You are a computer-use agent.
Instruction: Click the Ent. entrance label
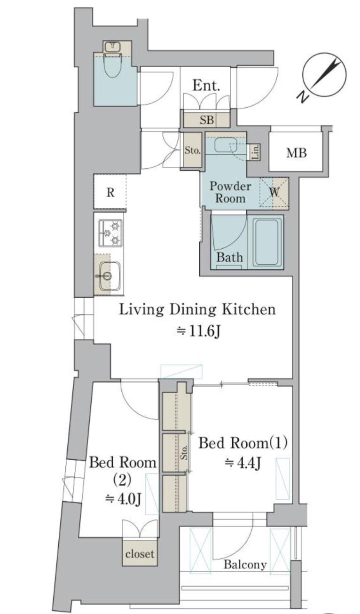(206, 85)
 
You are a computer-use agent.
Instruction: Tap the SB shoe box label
(207, 120)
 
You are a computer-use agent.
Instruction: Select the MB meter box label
(297, 153)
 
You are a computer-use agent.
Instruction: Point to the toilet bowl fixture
(113, 65)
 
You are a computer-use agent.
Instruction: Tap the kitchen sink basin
(110, 276)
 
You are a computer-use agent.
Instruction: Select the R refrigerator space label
(110, 192)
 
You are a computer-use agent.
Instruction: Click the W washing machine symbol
(274, 193)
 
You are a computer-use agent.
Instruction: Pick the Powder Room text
(230, 192)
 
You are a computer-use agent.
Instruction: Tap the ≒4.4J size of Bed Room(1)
(242, 463)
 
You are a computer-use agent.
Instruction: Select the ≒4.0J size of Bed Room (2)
(123, 499)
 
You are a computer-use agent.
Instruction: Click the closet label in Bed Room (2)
(140, 554)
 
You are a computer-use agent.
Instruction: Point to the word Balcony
(245, 564)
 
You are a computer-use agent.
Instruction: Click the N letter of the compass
(303, 97)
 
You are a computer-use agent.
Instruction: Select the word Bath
(230, 257)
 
